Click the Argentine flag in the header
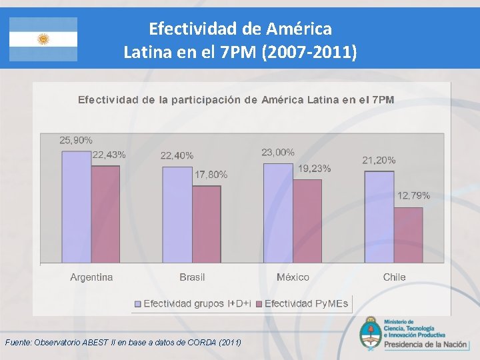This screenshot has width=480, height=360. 43,39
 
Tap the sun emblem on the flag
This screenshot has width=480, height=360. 43,39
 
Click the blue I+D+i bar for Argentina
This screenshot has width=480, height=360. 76,207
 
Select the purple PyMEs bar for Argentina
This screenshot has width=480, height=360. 105,214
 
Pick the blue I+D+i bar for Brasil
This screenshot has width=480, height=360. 177,215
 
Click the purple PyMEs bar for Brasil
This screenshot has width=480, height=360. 207,224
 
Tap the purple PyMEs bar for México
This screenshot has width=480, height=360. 307,221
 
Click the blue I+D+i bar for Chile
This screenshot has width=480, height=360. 379,217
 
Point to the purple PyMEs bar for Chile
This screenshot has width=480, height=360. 408,235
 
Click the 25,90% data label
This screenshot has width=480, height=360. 76,141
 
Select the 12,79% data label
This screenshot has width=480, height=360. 414,196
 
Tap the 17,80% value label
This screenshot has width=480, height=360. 211,175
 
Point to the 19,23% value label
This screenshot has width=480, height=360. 314,169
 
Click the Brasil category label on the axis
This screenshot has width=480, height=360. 192,277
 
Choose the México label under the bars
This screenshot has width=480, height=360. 293,277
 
